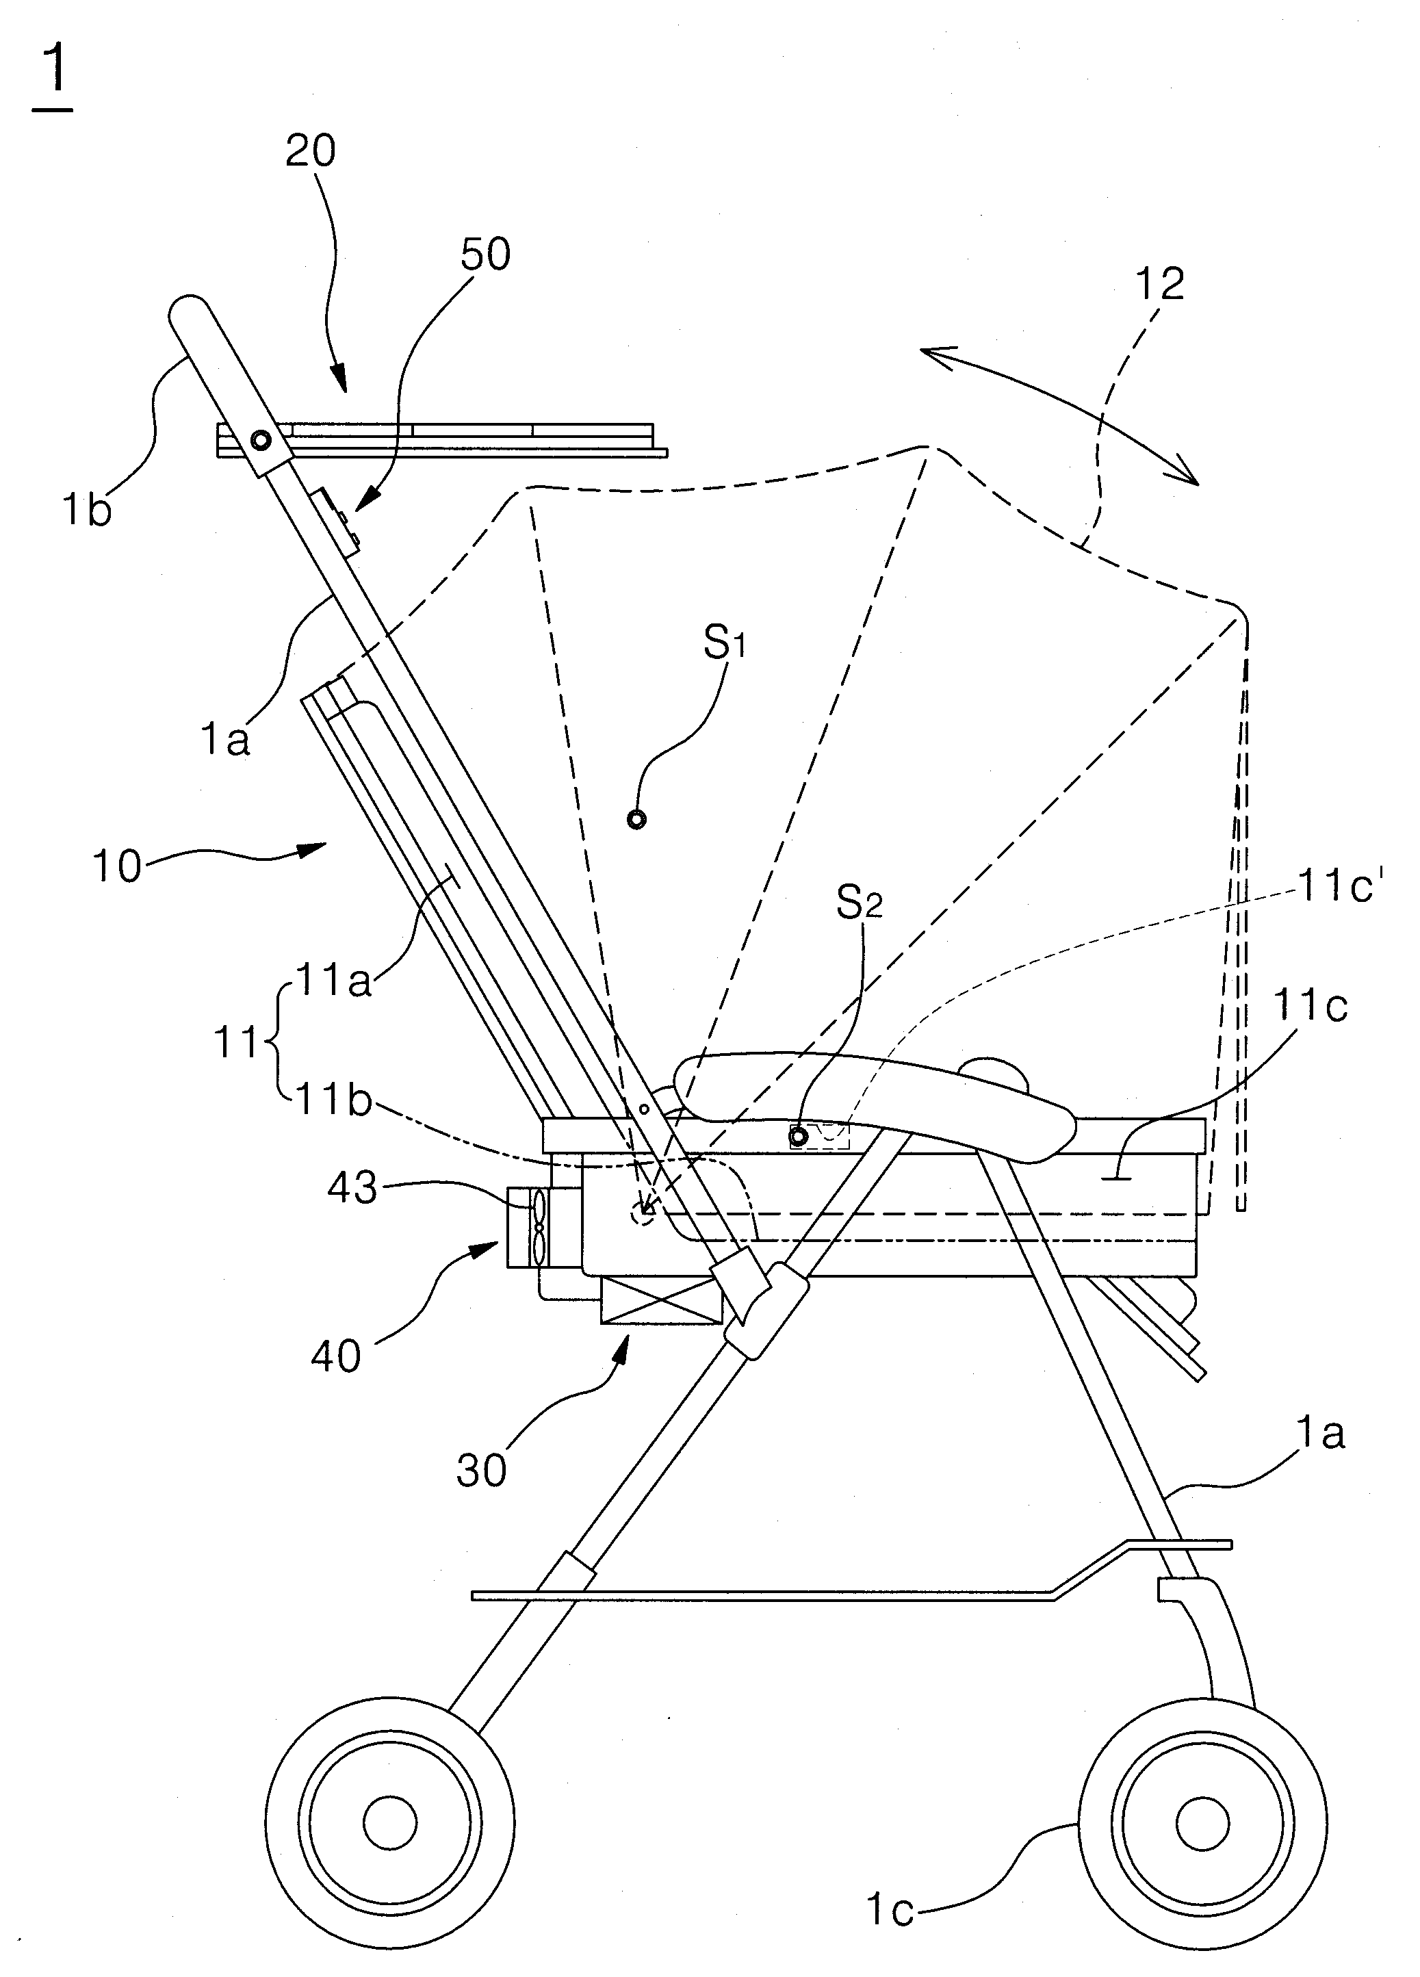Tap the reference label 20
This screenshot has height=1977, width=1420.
click(310, 151)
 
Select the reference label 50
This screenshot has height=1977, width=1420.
click(485, 255)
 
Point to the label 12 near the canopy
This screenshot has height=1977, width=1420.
click(1160, 284)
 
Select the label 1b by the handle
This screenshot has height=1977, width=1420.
click(86, 510)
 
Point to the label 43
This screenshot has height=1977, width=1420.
click(352, 1188)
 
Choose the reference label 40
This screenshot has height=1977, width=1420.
click(335, 1356)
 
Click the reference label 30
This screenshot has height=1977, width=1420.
click(481, 1471)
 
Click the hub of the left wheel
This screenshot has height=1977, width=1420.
click(389, 1824)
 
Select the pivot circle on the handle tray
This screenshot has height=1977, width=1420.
click(261, 440)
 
